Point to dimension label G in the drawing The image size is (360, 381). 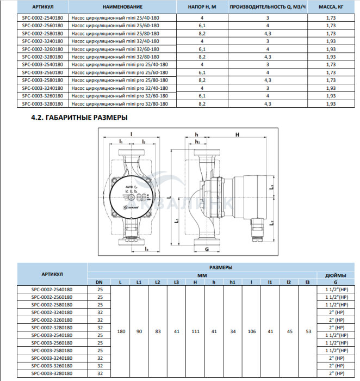207,250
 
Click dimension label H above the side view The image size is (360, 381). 237,134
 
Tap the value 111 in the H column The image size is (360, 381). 195,330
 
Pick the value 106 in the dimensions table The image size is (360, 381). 251,330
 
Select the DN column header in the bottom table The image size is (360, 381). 100,282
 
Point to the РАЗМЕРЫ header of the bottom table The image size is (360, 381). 221,267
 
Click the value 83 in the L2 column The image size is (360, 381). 157,330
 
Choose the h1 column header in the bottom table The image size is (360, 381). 232,282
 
